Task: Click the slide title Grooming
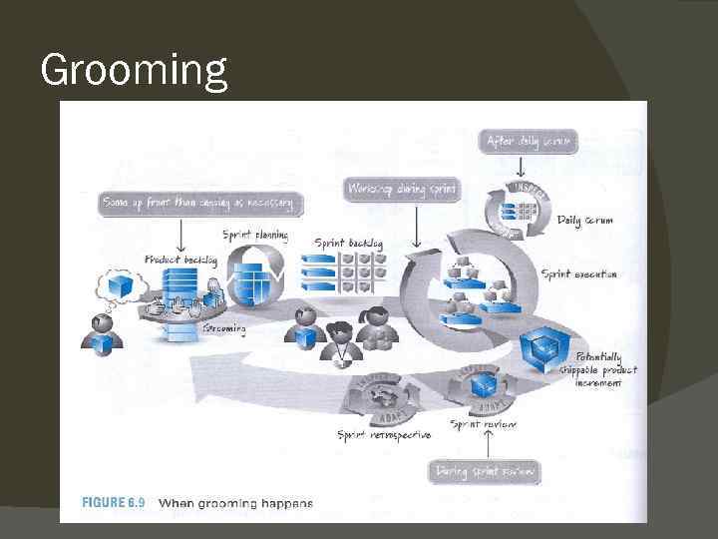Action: click(135, 70)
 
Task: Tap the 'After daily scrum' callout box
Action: click(530, 142)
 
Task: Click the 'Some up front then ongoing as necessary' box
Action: click(200, 203)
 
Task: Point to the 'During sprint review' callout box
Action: click(485, 471)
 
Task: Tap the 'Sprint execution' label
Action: click(578, 273)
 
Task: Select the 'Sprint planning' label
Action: click(255, 236)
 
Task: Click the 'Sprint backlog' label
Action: click(348, 243)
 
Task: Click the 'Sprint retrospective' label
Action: click(384, 435)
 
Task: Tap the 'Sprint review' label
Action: click(484, 424)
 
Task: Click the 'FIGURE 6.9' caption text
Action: click(103, 502)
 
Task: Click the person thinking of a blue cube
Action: click(102, 332)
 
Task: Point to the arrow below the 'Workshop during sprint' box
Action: click(416, 230)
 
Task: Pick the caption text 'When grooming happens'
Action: click(236, 503)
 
